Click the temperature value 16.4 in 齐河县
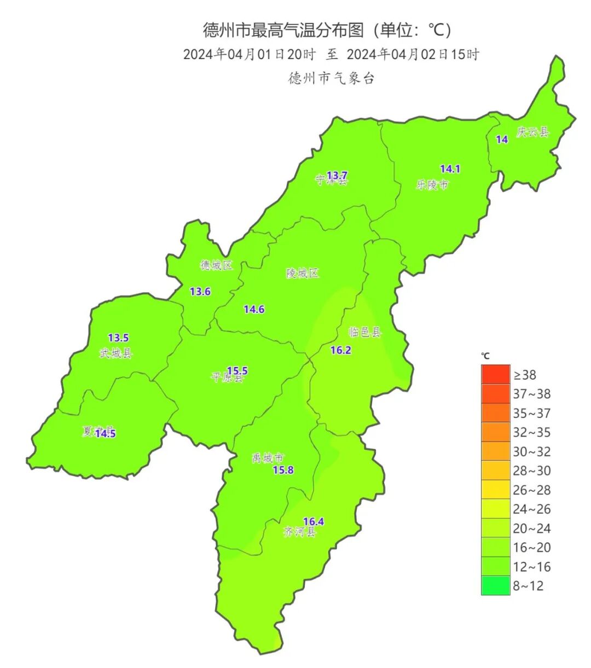314,521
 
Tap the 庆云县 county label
532,132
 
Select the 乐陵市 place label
432,185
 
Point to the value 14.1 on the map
450,169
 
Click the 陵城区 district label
302,273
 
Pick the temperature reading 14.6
254,309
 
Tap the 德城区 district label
217,265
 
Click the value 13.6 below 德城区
200,292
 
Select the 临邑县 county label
365,332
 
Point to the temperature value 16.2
340,350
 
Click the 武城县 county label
115,353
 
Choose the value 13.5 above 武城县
118,338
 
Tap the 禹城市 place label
268,458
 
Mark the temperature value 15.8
283,470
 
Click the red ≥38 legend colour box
495,375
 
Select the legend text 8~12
528,586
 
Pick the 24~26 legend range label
531,509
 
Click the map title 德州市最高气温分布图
283,30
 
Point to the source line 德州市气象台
331,78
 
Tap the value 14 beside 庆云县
502,140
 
